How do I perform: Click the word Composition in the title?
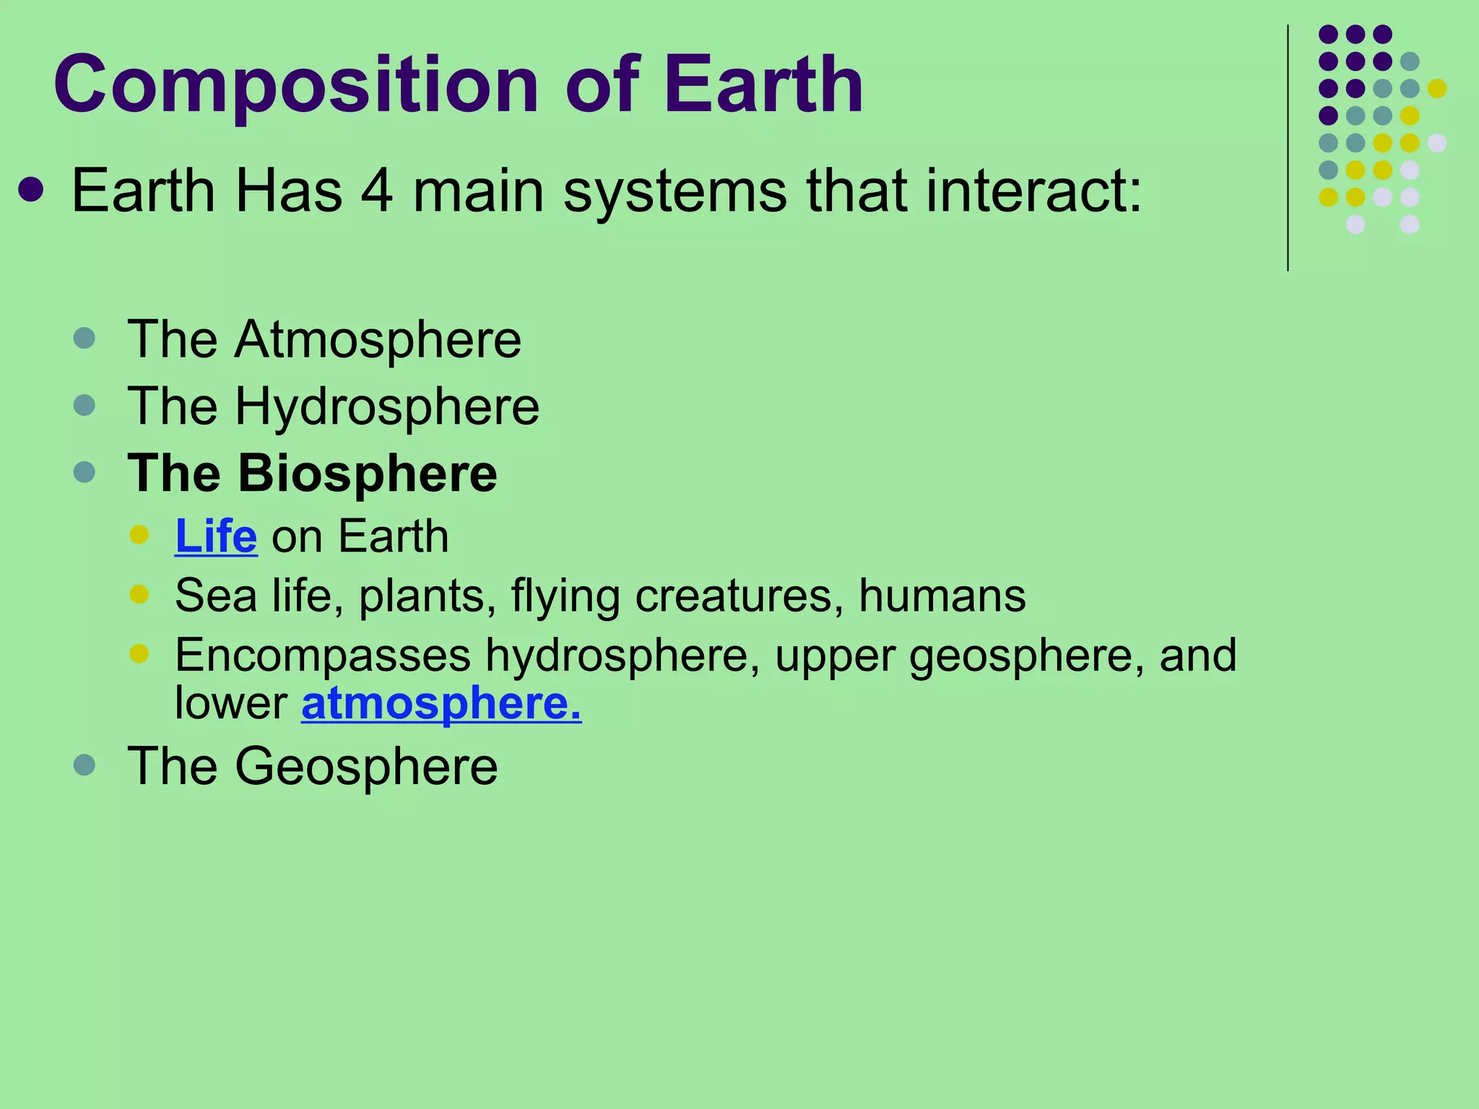tap(296, 85)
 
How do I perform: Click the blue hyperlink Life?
tap(216, 536)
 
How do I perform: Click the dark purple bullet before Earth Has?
tap(31, 191)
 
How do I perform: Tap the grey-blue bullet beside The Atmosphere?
tap(84, 338)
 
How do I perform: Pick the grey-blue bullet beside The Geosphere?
tap(84, 765)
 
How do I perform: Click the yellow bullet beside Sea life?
tap(139, 594)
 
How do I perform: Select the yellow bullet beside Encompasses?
tap(139, 653)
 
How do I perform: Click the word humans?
tap(942, 596)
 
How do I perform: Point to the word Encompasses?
tap(323, 655)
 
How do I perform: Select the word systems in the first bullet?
tap(675, 191)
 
